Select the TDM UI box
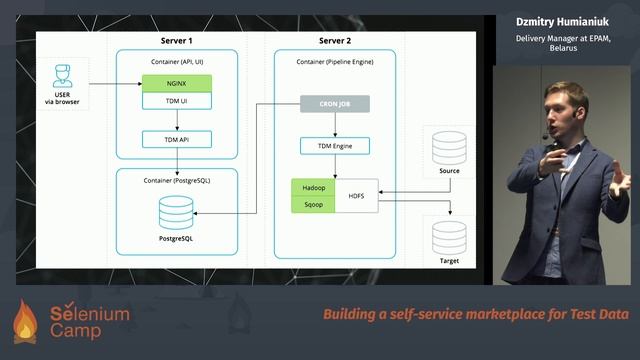[x=176, y=103]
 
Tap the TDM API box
[x=176, y=139]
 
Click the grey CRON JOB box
[x=335, y=103]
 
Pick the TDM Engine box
[x=335, y=146]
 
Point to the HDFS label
[x=357, y=195]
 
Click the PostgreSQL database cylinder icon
[x=176, y=213]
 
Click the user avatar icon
[x=63, y=76]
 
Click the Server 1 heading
[x=176, y=41]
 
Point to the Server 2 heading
[x=335, y=41]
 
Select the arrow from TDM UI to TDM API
[x=176, y=121]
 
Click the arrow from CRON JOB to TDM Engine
[x=335, y=124]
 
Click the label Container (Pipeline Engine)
[x=335, y=61]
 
